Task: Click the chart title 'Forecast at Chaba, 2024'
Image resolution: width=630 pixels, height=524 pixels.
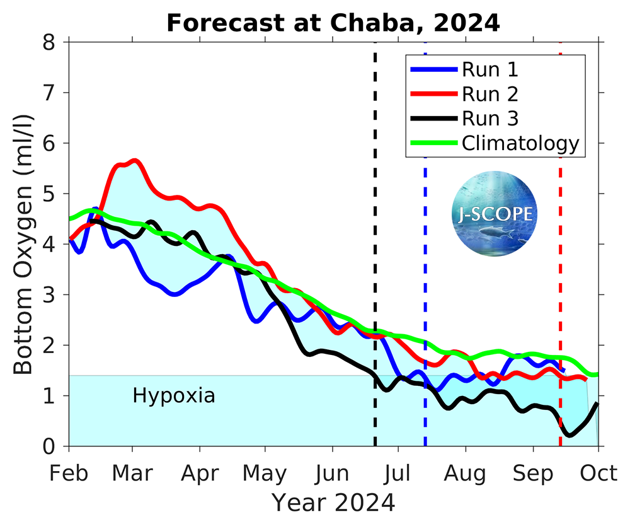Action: click(333, 23)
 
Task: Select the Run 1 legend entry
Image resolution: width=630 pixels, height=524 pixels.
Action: click(490, 69)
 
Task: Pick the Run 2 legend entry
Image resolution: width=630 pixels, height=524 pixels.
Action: click(490, 94)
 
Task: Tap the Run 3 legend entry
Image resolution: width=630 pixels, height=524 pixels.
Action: click(490, 119)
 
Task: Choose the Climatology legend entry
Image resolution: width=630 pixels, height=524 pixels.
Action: click(520, 143)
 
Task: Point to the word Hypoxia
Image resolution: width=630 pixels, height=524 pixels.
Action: click(174, 396)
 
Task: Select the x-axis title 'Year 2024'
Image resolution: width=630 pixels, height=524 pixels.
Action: click(333, 503)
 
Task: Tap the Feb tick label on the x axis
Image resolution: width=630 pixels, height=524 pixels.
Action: click(69, 473)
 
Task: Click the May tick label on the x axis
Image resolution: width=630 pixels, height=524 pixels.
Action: click(265, 473)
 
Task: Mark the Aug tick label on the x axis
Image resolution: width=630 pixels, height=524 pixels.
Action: click(466, 473)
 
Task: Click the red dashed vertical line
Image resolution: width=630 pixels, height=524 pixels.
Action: click(560, 284)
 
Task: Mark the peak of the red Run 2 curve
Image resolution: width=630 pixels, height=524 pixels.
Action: click(134, 161)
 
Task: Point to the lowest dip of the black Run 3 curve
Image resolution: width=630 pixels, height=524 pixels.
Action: click(569, 435)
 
